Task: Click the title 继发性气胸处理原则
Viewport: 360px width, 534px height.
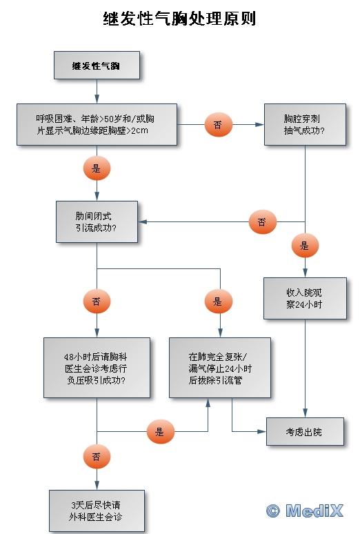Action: tap(179, 19)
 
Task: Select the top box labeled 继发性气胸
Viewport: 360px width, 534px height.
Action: tap(97, 66)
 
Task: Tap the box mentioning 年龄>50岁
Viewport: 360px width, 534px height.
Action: tap(97, 125)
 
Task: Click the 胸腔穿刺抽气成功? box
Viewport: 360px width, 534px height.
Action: tap(305, 125)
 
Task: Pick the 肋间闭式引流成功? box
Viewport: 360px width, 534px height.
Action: tap(97, 221)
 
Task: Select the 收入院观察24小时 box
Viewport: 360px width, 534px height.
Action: tap(305, 298)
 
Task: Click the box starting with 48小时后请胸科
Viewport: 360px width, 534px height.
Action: tap(97, 368)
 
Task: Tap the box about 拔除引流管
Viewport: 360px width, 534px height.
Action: tap(220, 368)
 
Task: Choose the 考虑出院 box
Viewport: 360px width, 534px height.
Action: tap(305, 431)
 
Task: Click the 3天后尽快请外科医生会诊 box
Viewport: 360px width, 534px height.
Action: tap(97, 511)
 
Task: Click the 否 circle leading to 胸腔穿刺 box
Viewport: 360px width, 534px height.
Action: tap(219, 125)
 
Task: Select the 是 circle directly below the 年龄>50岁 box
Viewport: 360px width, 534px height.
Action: tap(97, 168)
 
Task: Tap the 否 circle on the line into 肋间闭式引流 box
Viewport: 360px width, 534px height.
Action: tap(263, 222)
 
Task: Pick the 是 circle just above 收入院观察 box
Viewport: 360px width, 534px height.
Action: tap(305, 246)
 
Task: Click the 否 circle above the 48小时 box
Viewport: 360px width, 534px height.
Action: tap(97, 301)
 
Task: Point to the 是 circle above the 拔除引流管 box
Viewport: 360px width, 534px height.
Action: tap(219, 301)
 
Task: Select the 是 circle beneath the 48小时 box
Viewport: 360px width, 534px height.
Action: tap(161, 432)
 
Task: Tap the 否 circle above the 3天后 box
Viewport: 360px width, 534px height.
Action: tap(97, 456)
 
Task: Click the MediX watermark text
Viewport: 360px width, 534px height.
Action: tap(314, 511)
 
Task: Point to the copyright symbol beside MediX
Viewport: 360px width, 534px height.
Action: tap(273, 511)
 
